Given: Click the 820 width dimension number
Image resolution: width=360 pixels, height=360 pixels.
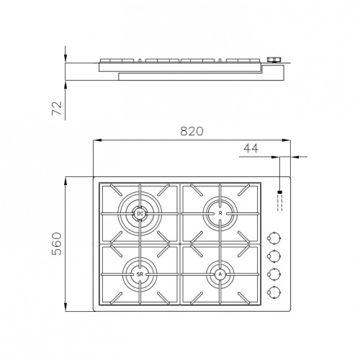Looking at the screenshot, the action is click(x=192, y=131).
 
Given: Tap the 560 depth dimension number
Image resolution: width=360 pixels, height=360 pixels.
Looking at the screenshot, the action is click(x=57, y=243).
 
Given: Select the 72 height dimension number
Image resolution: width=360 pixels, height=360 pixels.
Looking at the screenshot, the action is click(x=57, y=109).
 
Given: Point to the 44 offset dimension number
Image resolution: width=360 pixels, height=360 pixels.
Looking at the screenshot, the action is click(x=251, y=148).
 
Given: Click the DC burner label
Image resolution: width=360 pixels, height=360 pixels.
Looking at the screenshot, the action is click(x=140, y=213).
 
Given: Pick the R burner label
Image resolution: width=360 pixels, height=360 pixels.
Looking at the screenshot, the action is click(x=220, y=213).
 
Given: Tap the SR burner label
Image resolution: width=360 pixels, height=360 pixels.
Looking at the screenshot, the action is click(x=140, y=274).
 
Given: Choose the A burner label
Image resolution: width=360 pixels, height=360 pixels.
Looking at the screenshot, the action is click(x=220, y=274).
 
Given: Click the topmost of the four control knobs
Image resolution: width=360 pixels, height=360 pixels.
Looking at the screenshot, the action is click(x=274, y=238).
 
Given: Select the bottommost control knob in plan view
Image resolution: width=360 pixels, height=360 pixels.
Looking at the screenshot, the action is click(x=274, y=292).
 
